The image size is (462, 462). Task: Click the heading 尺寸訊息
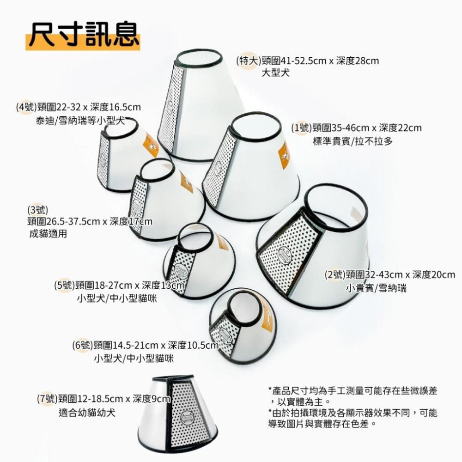click(x=83, y=35)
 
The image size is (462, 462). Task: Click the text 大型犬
click(x=276, y=73)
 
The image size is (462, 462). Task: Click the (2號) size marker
click(x=335, y=275)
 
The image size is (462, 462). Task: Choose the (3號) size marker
click(x=37, y=209)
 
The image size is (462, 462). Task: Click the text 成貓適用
click(x=48, y=234)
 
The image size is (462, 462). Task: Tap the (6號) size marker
click(x=83, y=345)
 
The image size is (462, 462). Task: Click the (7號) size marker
click(x=48, y=399)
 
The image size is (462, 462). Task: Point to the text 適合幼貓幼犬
click(x=87, y=413)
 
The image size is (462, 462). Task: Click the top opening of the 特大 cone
click(x=198, y=59)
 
